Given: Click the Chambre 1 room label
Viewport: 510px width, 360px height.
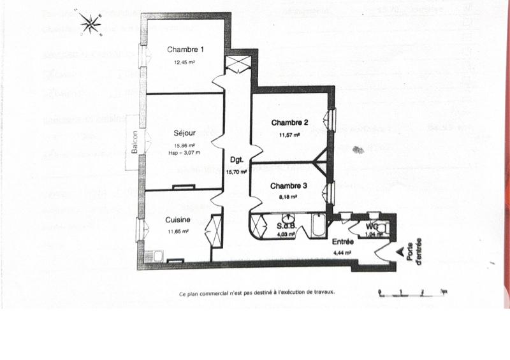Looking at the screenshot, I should click(x=186, y=50).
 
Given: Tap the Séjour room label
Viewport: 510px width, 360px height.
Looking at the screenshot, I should click(x=185, y=134).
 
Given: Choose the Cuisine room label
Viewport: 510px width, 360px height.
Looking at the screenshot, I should click(x=178, y=220).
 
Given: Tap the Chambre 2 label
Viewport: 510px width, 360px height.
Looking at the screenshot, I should click(x=289, y=123).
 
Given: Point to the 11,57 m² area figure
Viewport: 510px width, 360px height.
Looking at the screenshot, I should click(x=289, y=134).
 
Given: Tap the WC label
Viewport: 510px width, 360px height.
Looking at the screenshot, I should click(x=373, y=226).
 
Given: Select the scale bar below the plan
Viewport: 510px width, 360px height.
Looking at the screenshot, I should click(x=412, y=292).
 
